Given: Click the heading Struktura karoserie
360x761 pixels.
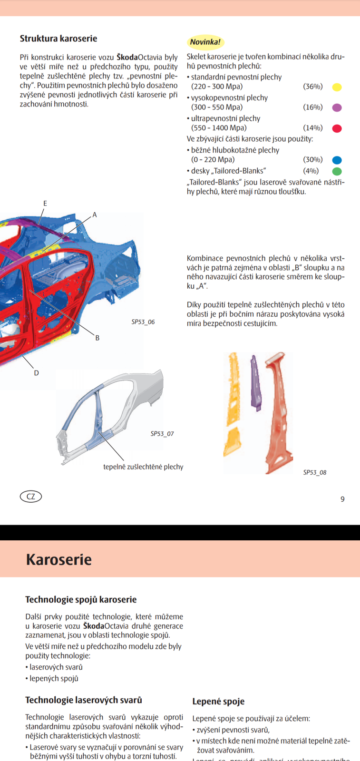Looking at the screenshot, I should point(58,39).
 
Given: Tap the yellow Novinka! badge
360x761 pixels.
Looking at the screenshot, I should point(205,42).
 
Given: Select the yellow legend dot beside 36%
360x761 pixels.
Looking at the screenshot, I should point(337,87).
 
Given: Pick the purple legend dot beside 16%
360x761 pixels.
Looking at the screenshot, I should point(337,107).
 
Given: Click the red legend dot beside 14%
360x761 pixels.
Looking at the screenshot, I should point(337,128).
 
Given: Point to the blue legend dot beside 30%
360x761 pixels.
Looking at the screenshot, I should point(337,160).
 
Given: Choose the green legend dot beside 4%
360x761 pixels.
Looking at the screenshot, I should point(337,171).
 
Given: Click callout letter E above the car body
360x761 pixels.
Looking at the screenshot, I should point(45,204).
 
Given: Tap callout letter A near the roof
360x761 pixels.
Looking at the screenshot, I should point(95,215).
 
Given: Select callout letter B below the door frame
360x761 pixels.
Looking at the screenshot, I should point(97,338).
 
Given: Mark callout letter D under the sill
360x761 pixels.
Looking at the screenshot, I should point(36,373).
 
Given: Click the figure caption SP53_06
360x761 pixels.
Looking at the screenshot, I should point(143,322).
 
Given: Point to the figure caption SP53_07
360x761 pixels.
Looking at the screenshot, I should point(162,434).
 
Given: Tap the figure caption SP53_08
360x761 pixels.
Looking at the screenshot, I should point(315,472).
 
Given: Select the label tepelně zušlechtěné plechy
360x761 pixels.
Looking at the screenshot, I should point(143,467).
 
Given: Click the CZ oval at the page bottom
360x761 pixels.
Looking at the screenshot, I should point(31,497).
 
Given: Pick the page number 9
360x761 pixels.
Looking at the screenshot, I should point(342,499).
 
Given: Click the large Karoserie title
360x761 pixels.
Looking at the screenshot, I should point(58,559).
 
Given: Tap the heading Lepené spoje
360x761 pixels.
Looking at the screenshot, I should point(218,701).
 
